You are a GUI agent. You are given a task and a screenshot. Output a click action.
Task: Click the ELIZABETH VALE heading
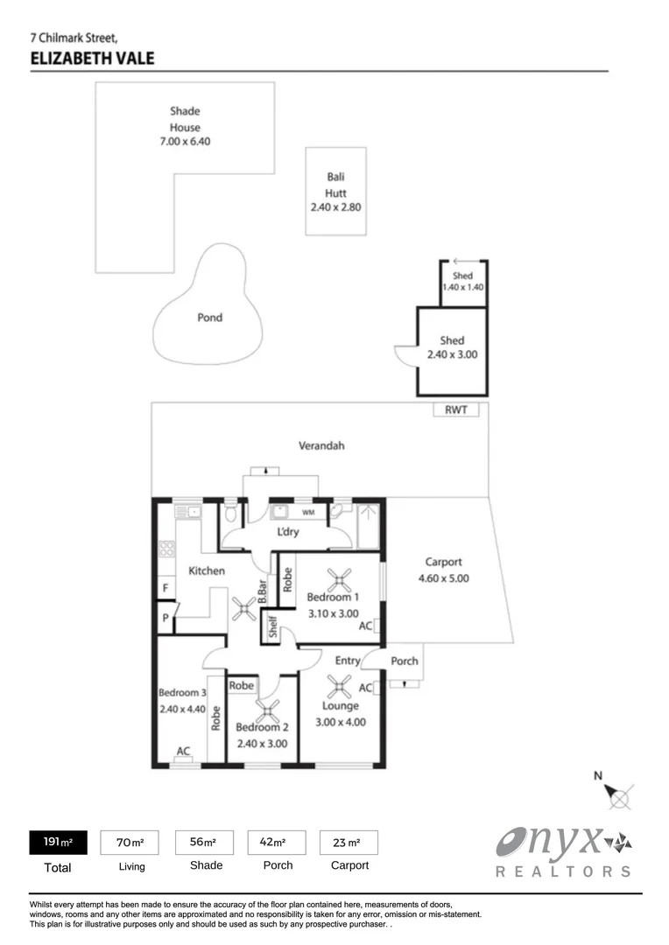(92, 59)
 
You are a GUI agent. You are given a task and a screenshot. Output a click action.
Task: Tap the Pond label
(209, 318)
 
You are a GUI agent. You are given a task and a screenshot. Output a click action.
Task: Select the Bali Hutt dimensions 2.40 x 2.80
(335, 208)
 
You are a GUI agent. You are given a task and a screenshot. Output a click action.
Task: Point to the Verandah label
(321, 445)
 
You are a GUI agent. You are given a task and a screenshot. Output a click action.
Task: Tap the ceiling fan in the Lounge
(340, 684)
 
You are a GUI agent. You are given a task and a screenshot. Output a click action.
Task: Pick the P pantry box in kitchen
(164, 618)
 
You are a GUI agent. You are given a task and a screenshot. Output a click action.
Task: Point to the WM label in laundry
(307, 511)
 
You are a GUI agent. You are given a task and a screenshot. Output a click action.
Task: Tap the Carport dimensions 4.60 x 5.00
(443, 578)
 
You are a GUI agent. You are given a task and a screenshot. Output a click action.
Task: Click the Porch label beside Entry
(404, 661)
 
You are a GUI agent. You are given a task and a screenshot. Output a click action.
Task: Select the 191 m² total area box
(59, 843)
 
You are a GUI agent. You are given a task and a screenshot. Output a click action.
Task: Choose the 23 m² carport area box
(349, 843)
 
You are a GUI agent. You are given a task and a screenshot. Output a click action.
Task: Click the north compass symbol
(619, 796)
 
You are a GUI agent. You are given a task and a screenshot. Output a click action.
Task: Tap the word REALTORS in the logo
(562, 871)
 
